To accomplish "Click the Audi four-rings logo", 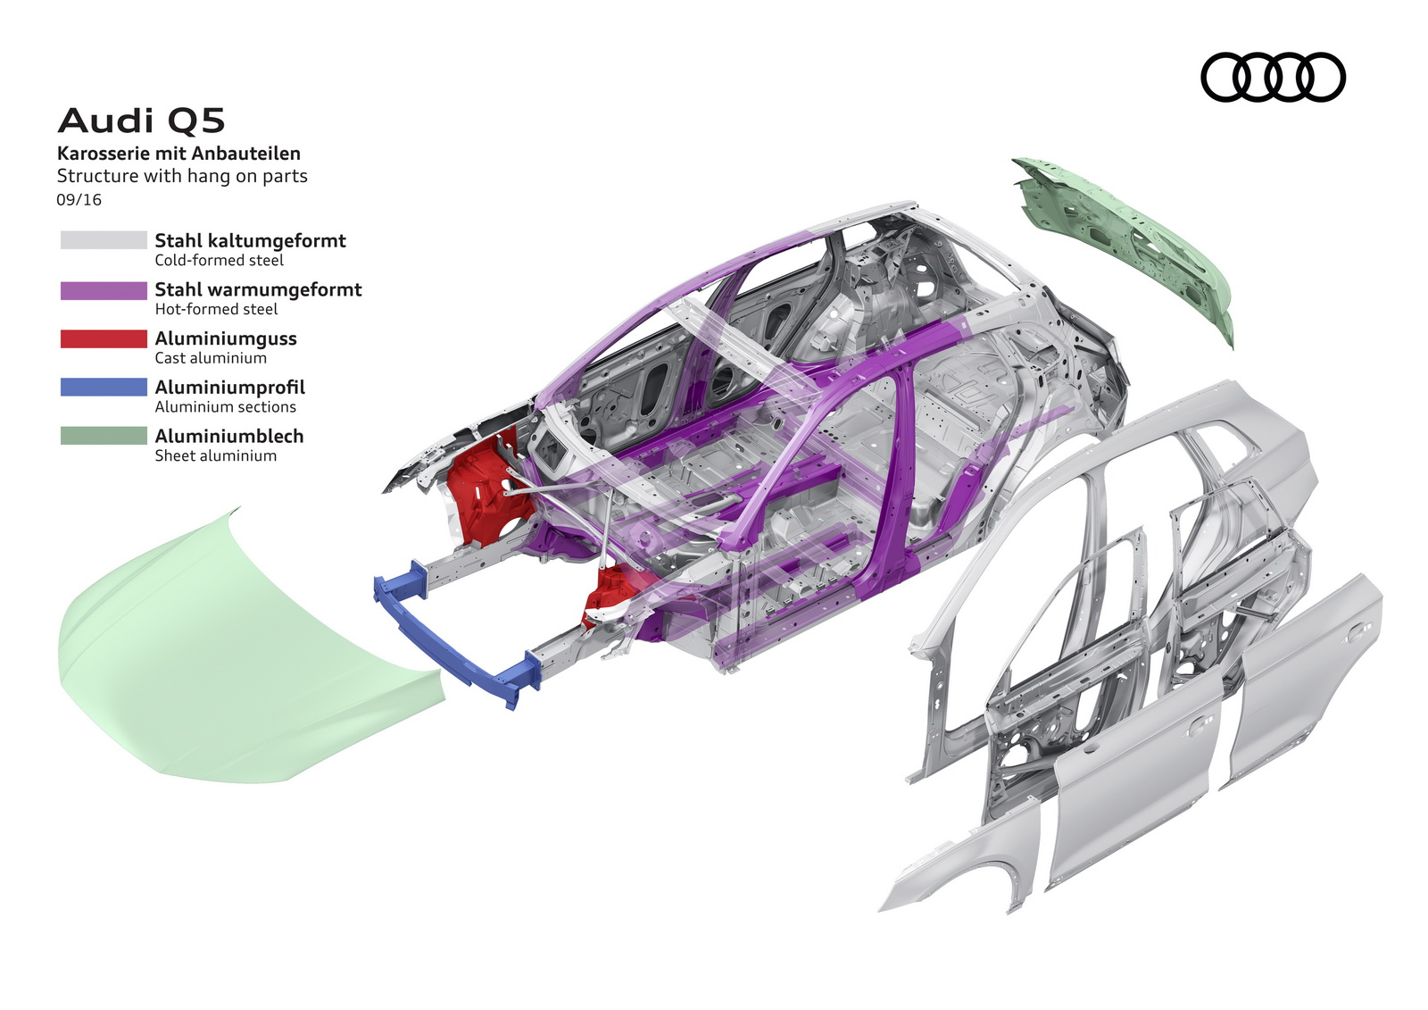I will pyautogui.click(x=1273, y=77).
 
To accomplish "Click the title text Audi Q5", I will pyautogui.click(x=141, y=121).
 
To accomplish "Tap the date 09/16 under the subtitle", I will pyautogui.click(x=79, y=200).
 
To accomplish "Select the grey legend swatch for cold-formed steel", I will pyautogui.click(x=104, y=240).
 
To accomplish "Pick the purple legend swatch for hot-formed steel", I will pyautogui.click(x=104, y=290).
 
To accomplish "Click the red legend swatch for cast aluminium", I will pyautogui.click(x=104, y=339).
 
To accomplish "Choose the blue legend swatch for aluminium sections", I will pyautogui.click(x=104, y=388).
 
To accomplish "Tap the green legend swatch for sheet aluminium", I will pyautogui.click(x=104, y=436).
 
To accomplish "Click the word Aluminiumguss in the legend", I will pyautogui.click(x=226, y=338).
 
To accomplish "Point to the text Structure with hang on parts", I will pyautogui.click(x=182, y=176).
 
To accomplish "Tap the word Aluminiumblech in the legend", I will pyautogui.click(x=229, y=436).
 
